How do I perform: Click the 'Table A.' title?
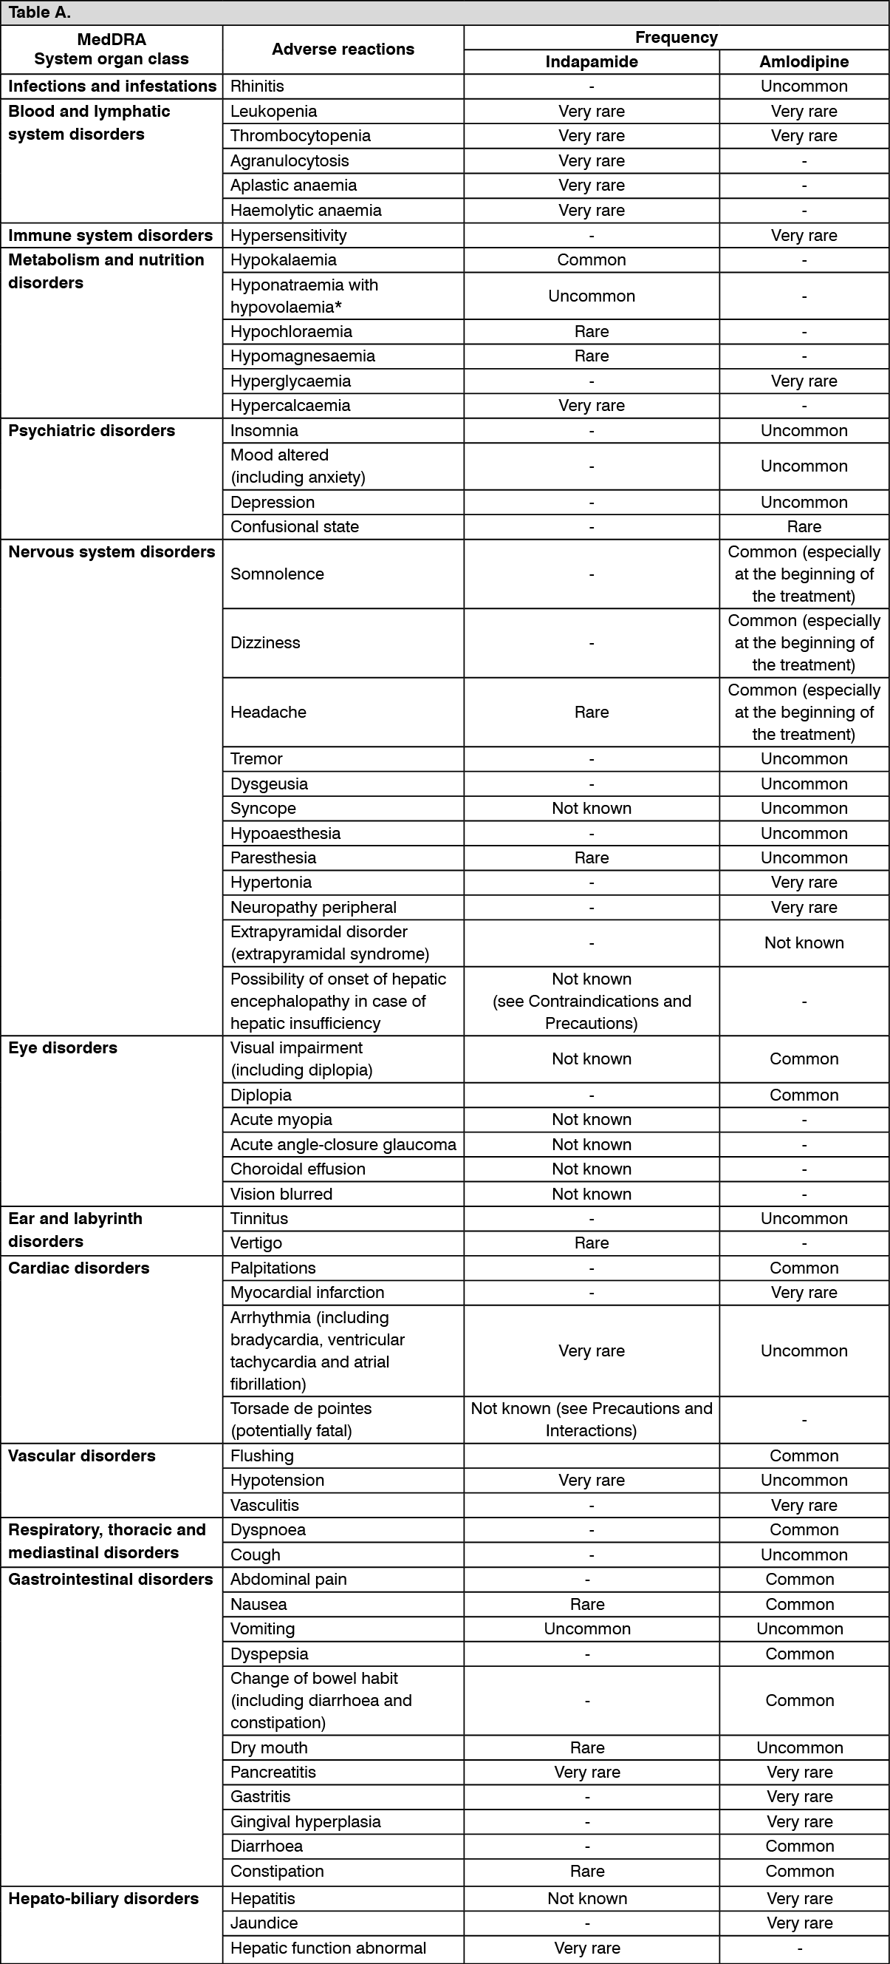coord(40,13)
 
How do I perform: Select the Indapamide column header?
coord(592,62)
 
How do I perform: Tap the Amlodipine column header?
coord(804,62)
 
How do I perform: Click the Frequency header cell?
coord(676,38)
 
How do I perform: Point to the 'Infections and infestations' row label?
coord(112,86)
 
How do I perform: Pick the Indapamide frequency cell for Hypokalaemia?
coord(592,260)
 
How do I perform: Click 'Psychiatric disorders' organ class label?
coord(92,431)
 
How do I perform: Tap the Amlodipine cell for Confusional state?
coord(804,527)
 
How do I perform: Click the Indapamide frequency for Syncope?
coord(592,808)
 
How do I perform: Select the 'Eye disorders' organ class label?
coord(64,1047)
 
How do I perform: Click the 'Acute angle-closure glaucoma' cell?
coord(343,1144)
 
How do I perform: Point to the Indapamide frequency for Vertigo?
coord(592,1243)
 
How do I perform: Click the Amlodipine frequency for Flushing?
coord(804,1455)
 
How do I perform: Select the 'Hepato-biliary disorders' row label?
coord(103,1898)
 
